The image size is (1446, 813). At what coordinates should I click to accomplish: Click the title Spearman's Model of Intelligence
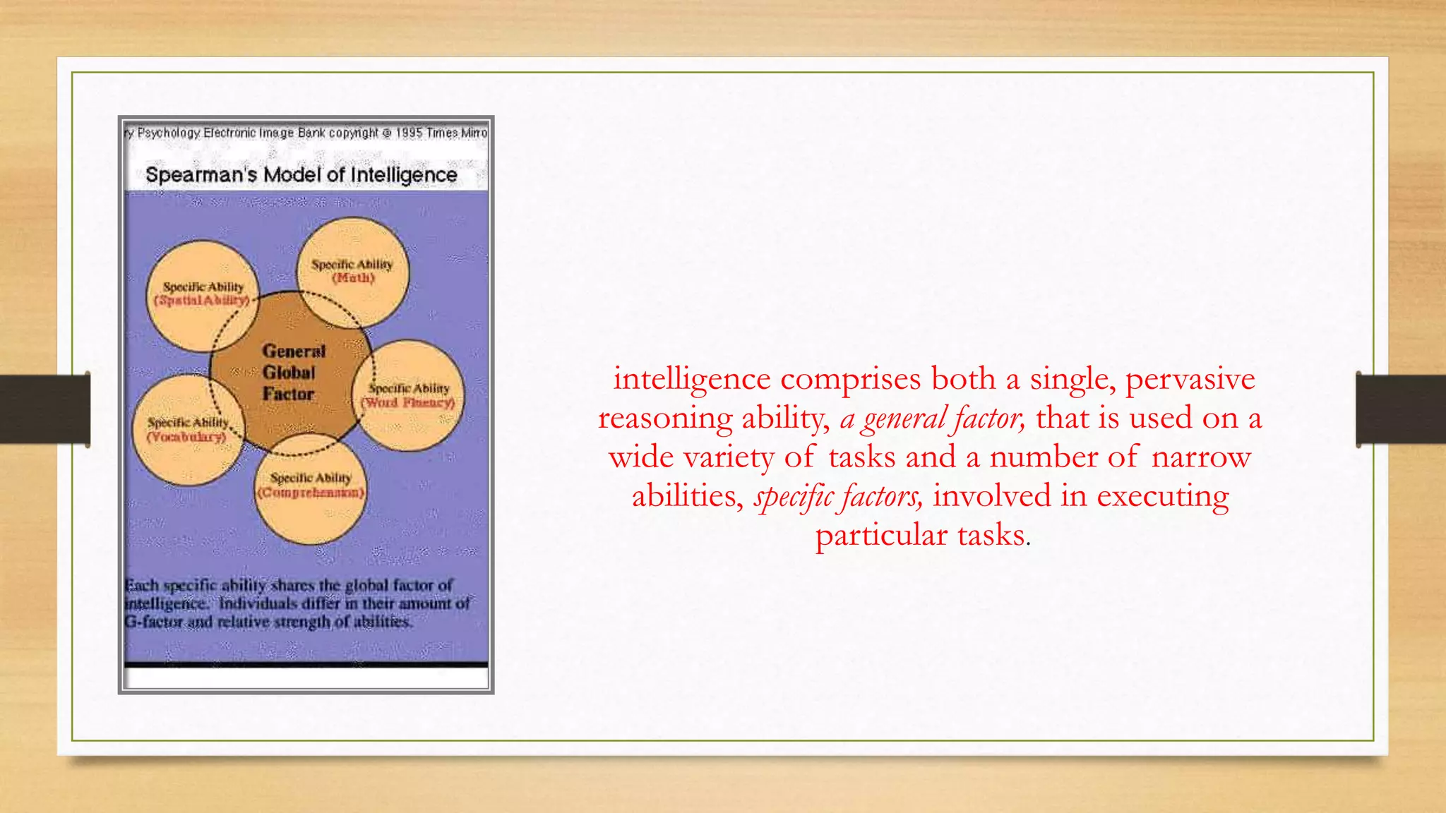pyautogui.click(x=301, y=174)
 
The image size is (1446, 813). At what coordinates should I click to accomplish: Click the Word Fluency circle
pyautogui.click(x=410, y=396)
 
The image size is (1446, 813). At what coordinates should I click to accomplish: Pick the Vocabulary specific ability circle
pyautogui.click(x=187, y=430)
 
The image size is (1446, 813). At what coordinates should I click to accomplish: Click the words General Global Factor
pyautogui.click(x=292, y=372)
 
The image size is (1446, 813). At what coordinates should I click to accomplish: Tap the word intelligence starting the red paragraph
pyautogui.click(x=691, y=380)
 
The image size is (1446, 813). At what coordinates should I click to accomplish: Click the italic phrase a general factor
pyautogui.click(x=932, y=418)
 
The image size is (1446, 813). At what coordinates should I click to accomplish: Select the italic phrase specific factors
pyautogui.click(x=838, y=496)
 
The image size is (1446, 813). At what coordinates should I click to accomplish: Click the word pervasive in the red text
pyautogui.click(x=1190, y=380)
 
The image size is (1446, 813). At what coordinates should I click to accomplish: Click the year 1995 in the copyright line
pyautogui.click(x=409, y=133)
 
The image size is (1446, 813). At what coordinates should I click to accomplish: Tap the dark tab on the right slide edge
pyautogui.click(x=1401, y=409)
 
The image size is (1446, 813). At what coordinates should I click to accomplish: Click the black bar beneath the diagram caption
pyautogui.click(x=306, y=664)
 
